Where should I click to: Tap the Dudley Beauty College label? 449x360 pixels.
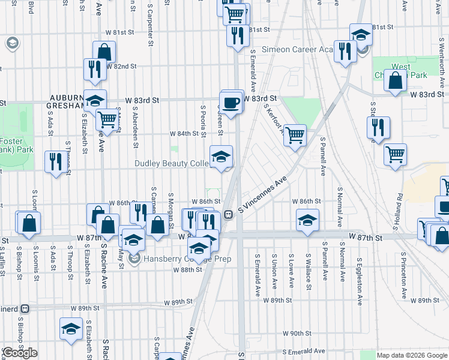pyautogui.click(x=171, y=163)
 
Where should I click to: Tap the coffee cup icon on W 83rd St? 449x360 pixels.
pyautogui.click(x=232, y=101)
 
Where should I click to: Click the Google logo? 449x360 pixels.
pyautogui.click(x=20, y=353)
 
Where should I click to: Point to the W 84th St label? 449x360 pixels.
pyautogui.click(x=184, y=133)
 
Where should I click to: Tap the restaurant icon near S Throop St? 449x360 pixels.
pyautogui.click(x=54, y=161)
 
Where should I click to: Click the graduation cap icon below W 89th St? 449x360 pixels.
pyautogui.click(x=71, y=329)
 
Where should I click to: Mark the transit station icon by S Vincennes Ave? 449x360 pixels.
pyautogui.click(x=229, y=214)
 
